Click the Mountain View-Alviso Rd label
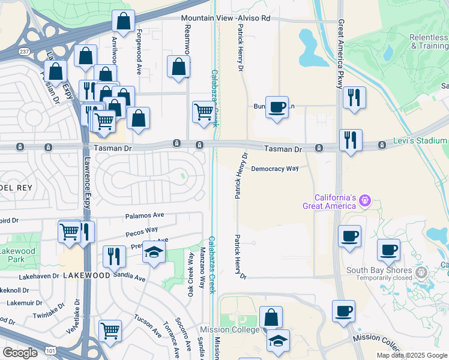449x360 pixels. point(226,19)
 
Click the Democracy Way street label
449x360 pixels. point(274,169)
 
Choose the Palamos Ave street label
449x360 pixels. point(145,215)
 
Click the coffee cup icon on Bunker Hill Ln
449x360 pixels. point(277,107)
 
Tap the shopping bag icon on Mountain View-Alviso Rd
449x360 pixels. point(123,22)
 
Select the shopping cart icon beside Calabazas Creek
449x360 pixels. point(203,112)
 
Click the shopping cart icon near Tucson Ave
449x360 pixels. point(110,331)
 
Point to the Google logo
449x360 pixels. point(20,352)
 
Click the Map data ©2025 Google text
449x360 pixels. point(412,355)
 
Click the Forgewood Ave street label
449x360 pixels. point(139,52)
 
